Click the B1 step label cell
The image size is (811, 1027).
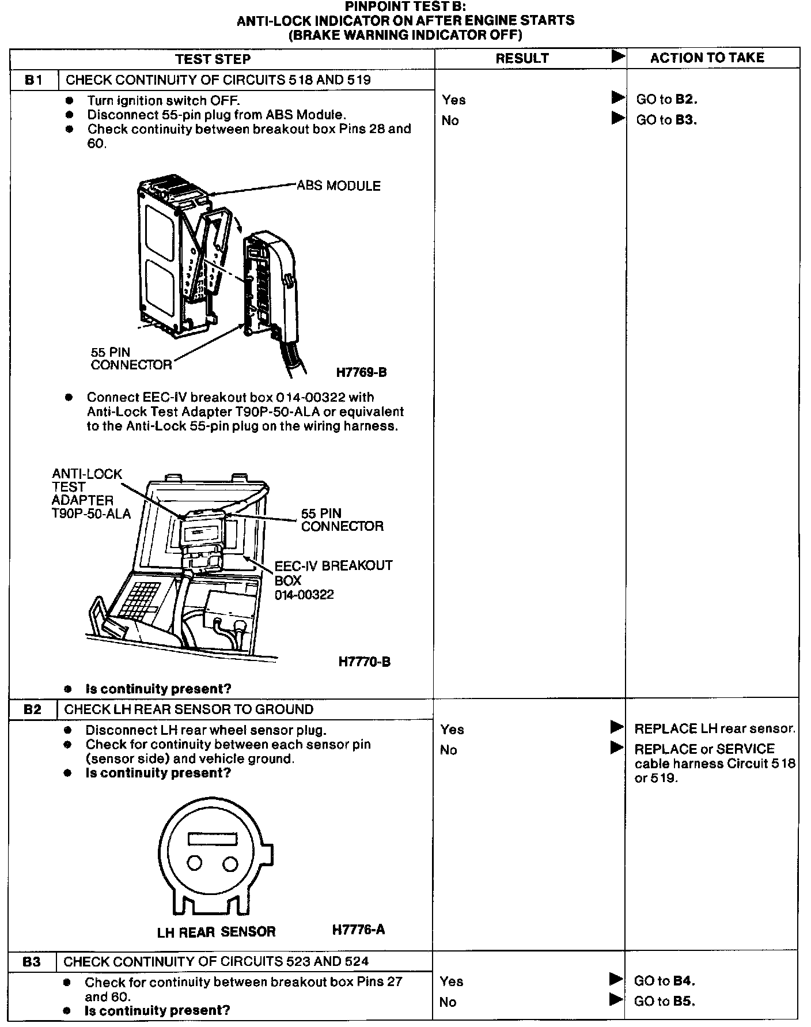coord(34,80)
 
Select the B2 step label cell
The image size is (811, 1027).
coord(33,709)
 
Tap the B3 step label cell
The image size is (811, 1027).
coord(32,961)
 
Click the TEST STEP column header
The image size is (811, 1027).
coord(213,59)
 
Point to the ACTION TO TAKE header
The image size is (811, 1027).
coord(707,58)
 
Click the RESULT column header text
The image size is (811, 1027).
coord(522,58)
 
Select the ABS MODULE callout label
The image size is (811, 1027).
coord(339,186)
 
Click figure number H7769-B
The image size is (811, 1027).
coord(362,372)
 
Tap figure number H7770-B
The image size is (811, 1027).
coord(364,662)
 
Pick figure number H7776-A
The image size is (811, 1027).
coord(358,929)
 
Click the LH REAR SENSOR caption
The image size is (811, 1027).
coord(216,931)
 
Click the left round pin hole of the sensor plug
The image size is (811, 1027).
coord(195,863)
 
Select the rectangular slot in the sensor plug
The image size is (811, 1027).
coord(213,839)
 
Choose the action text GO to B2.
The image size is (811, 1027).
coord(666,99)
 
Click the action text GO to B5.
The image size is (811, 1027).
coord(664,1001)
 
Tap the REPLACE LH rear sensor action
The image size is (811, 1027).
coord(714,728)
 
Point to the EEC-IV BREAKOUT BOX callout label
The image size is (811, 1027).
coord(332,580)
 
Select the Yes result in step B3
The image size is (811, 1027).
coord(451,981)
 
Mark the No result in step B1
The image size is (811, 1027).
coord(450,120)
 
